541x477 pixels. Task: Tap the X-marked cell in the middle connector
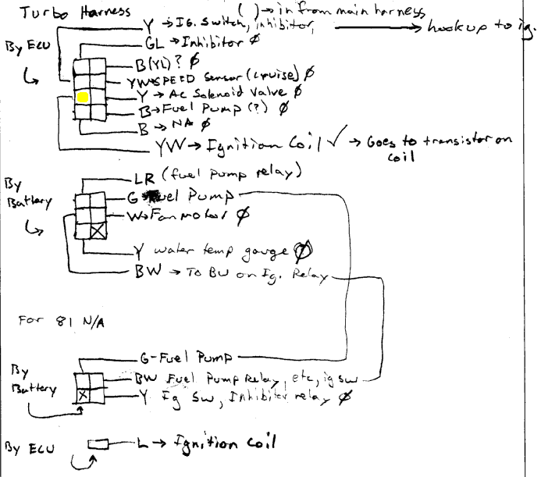98,231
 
